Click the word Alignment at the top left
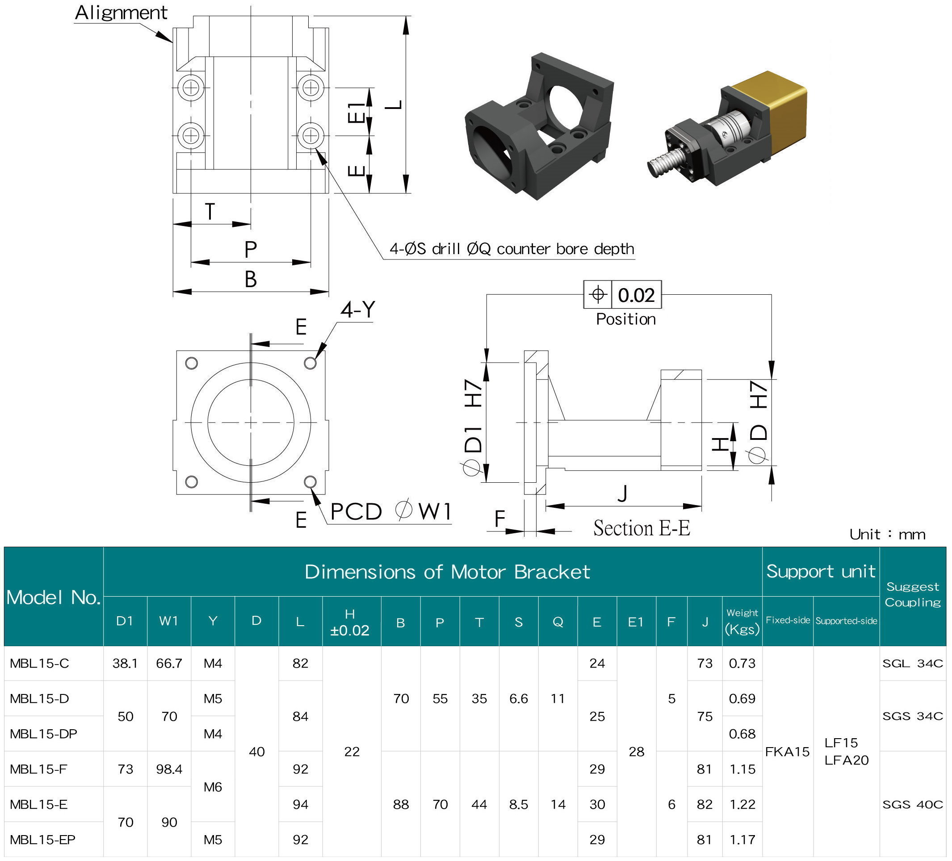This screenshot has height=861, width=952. point(121,13)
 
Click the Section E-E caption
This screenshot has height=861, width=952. point(641,528)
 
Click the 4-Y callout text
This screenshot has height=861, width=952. point(357,309)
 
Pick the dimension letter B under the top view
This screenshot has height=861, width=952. point(251,280)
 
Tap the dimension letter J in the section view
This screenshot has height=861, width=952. point(622,494)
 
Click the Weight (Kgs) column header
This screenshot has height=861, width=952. point(742,621)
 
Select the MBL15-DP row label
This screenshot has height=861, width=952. point(43,734)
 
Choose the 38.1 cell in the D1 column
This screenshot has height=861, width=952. point(125,663)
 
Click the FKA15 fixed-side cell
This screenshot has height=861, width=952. point(787,752)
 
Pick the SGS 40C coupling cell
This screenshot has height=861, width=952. point(912,804)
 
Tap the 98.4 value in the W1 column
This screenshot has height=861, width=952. point(169,769)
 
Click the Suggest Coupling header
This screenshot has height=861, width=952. point(912,594)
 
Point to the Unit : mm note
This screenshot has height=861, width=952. point(887,535)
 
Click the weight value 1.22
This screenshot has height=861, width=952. point(742,804)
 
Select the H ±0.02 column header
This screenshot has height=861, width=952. point(350,622)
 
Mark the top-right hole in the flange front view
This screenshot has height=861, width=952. point(310,363)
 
